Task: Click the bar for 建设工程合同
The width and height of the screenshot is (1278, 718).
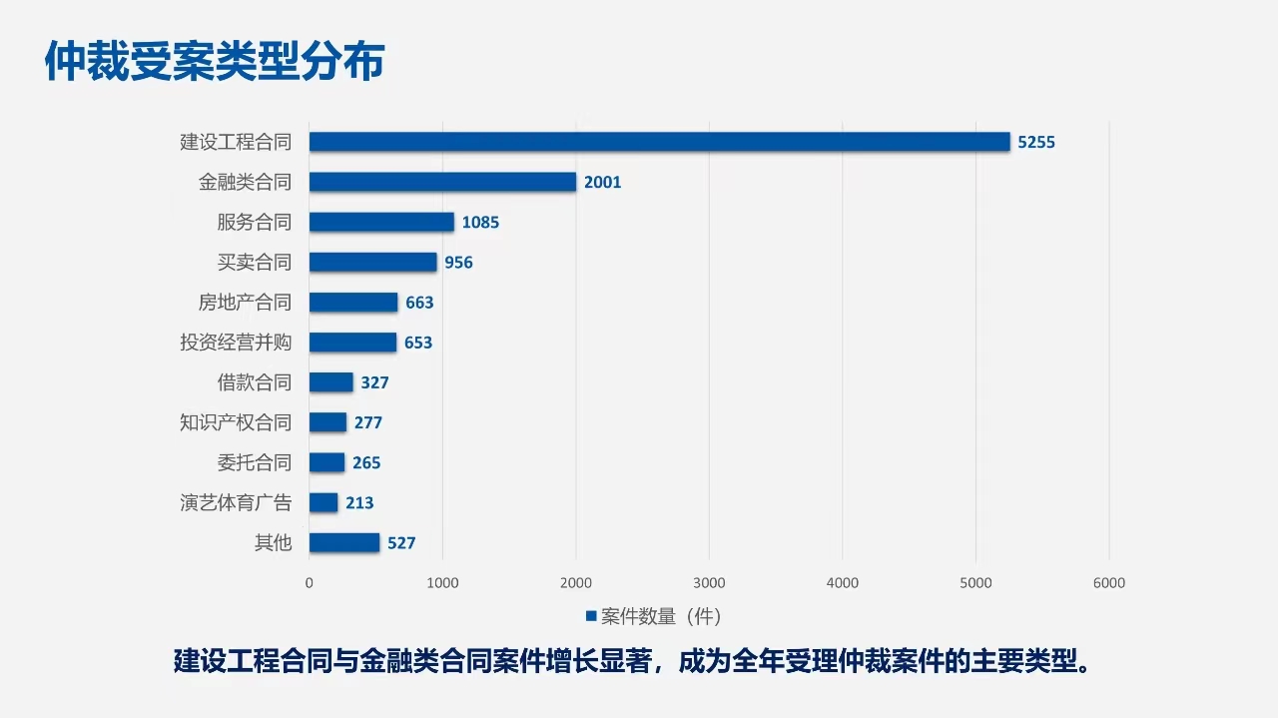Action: coord(659,142)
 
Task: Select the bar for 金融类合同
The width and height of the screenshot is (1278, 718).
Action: coord(442,182)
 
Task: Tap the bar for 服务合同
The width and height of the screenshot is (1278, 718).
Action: coord(381,222)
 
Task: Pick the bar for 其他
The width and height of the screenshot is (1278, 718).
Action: coord(344,542)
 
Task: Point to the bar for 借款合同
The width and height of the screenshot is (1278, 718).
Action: coord(330,382)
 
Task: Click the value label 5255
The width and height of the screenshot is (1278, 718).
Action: coord(1036,142)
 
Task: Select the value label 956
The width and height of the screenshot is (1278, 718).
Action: coord(459,263)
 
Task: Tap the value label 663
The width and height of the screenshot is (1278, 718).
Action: coord(419,303)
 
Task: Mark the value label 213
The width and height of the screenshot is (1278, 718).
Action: coord(359,503)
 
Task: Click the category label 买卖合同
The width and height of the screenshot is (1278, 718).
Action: coord(255,263)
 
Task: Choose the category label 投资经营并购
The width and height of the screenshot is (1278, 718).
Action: coord(236,343)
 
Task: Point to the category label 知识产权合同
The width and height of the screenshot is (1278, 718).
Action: coord(236,422)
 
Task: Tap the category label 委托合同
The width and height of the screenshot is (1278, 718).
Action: coord(255,462)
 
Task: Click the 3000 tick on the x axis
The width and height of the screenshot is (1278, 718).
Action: coord(709,583)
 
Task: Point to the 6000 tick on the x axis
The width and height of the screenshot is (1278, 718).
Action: coord(1109,583)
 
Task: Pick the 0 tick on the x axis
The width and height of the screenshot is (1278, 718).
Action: coord(309,583)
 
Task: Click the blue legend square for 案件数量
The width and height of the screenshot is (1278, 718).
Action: coord(591,615)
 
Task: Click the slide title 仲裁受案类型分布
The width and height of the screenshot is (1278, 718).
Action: coord(215,62)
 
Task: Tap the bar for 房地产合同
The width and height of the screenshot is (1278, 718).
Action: coord(353,303)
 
